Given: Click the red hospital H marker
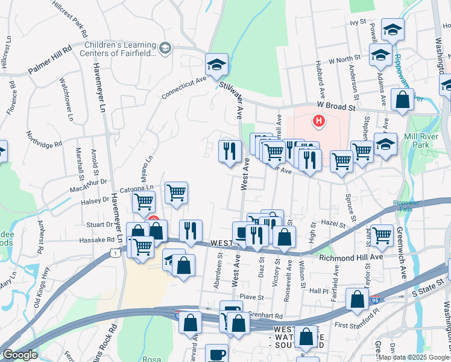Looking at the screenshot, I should [318, 122].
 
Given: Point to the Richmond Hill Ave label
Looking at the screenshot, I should [351, 257].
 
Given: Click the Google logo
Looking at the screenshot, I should [20, 355].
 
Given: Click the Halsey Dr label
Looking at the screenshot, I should [94, 199].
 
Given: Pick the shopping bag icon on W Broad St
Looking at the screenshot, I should [402, 100].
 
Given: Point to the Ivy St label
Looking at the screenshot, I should [358, 22].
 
